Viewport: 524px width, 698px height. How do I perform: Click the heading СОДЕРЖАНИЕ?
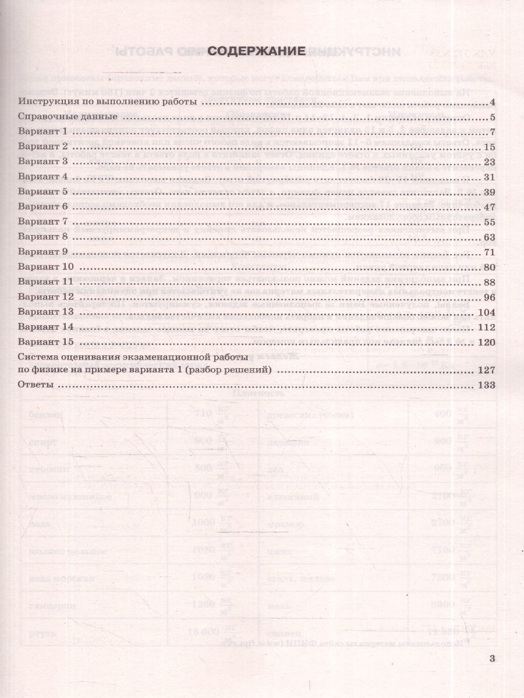point(257,51)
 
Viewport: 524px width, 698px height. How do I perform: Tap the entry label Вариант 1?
point(44,132)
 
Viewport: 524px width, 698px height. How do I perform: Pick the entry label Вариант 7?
point(44,222)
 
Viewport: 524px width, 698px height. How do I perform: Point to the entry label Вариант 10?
point(46,266)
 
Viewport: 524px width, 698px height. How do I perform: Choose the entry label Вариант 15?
point(46,341)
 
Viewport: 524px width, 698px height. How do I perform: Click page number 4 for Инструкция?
point(491,103)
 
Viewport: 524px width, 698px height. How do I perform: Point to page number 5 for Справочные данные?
point(491,117)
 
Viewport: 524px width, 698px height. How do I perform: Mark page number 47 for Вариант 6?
point(488,207)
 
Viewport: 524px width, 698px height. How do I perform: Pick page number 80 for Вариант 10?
point(488,267)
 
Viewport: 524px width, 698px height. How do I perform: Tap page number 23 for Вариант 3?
point(488,162)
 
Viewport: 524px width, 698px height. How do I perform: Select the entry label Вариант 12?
point(46,297)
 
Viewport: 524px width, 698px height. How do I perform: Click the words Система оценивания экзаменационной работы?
point(133,356)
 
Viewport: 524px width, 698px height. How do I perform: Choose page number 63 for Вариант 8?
point(488,237)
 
